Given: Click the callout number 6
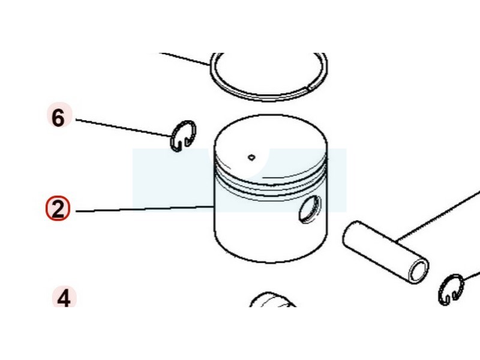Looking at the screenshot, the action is click(58, 118).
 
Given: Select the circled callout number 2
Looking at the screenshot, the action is click(58, 208).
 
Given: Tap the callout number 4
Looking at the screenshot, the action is click(64, 298).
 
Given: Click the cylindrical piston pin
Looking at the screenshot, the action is click(386, 252).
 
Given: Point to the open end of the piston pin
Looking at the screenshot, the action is click(419, 271).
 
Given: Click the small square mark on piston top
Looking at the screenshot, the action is click(251, 157).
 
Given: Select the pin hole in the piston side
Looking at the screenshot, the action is click(310, 209).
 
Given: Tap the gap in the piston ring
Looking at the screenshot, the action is click(310, 88).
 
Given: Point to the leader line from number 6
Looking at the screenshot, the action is click(124, 128).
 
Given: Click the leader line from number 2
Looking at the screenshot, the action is click(145, 209).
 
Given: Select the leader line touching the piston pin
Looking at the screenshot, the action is click(439, 216).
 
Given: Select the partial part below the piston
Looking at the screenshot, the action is click(272, 299).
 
